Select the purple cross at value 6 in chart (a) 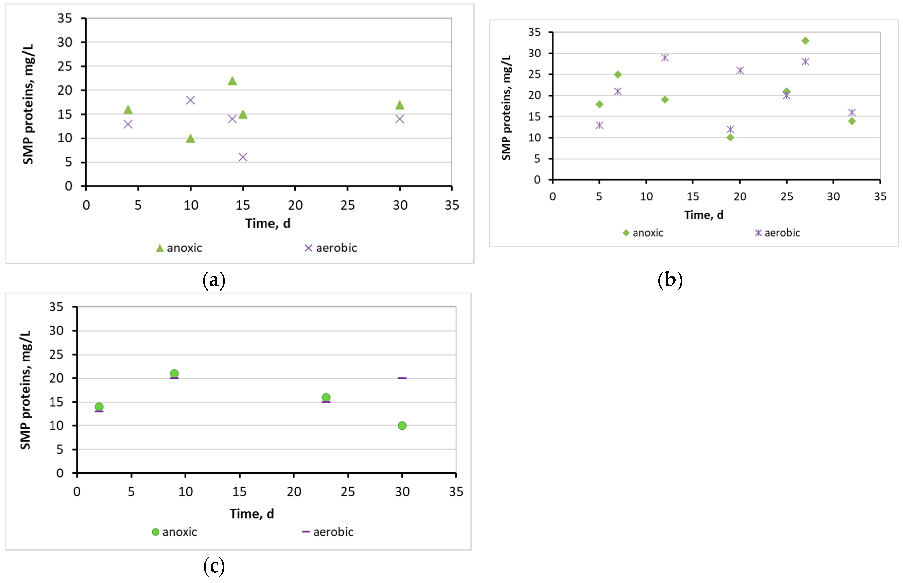point(243,157)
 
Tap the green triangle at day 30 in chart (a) point(399,105)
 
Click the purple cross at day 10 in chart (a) point(190,100)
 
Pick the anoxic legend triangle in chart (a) point(160,248)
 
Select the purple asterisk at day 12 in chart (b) point(665,57)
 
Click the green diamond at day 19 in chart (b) point(730,138)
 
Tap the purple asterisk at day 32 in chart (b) point(852,112)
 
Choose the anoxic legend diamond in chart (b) point(626,233)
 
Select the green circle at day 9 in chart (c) point(174,374)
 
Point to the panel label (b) point(670,280)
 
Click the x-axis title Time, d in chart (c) point(252,514)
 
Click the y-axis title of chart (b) point(506,108)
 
